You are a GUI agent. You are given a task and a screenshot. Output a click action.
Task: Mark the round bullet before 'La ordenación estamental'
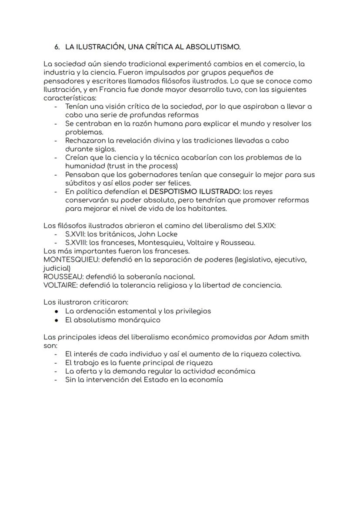pos(57,311)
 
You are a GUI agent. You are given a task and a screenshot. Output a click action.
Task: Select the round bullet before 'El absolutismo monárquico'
pos(57,320)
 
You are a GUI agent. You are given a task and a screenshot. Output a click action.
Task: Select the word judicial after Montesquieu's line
pos(57,268)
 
